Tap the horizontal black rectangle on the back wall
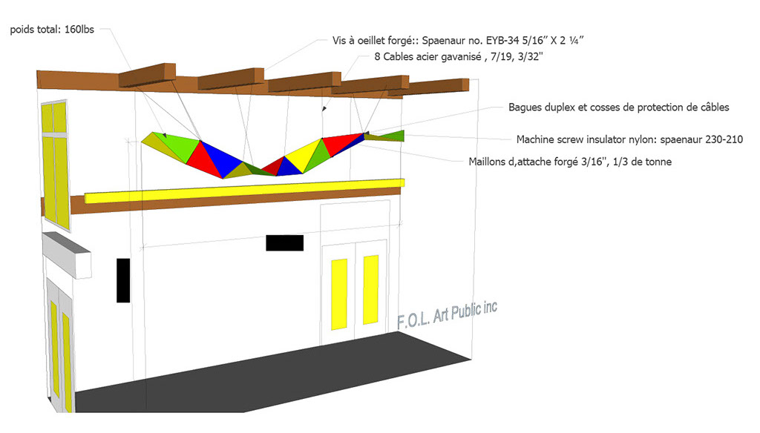[284, 242]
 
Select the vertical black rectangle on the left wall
[123, 280]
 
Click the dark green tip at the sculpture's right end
[392, 136]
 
